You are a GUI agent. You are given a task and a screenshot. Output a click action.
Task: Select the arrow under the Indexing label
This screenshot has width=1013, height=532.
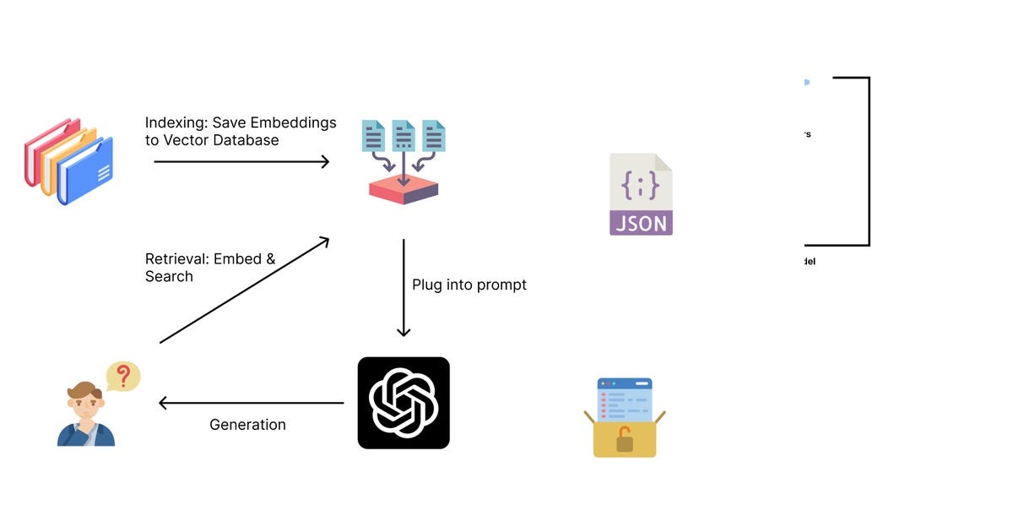point(241,161)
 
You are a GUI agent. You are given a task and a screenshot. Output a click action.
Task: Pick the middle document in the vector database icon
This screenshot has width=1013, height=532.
point(404,136)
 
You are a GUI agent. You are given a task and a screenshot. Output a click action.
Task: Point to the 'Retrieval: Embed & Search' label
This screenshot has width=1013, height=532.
point(210,268)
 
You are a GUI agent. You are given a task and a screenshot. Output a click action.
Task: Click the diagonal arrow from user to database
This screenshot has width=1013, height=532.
point(244,290)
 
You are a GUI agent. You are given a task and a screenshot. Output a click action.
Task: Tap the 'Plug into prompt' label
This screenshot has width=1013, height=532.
point(469,285)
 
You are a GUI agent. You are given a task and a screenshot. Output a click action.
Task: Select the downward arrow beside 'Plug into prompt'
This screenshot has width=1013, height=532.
point(404,287)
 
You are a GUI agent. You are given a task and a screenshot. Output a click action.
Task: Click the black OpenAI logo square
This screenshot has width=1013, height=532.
point(404,403)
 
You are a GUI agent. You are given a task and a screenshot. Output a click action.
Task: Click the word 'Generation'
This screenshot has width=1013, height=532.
point(247,425)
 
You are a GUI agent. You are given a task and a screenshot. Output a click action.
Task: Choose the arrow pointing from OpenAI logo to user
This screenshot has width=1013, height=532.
point(252,404)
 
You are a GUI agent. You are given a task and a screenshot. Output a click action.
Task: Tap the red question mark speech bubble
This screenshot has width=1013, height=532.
point(123,376)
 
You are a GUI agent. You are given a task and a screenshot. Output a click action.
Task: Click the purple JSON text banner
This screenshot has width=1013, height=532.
point(641,223)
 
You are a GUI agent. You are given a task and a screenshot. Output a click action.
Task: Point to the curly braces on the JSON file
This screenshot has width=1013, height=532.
point(641,185)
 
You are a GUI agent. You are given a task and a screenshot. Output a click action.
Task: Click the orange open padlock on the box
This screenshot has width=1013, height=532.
point(625,438)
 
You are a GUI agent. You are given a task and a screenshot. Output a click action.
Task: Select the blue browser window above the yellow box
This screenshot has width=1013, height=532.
point(625,399)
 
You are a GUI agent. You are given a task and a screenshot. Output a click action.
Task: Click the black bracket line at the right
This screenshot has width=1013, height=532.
point(869,160)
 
